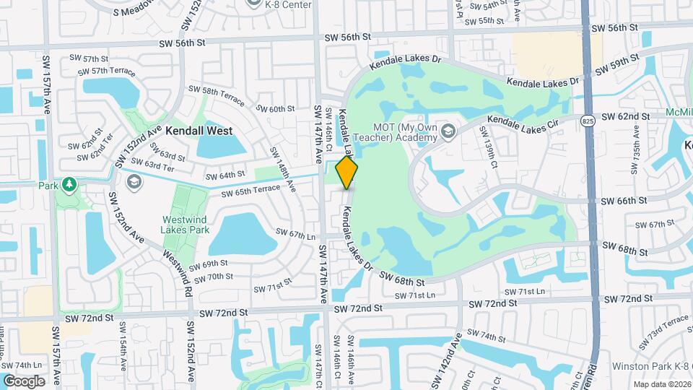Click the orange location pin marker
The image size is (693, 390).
coord(347,173)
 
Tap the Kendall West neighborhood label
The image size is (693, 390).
coord(199,131)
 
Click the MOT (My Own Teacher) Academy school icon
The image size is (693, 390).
coord(448,131)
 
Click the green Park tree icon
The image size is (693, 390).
coord(69,185)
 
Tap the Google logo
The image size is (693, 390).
coord(24,381)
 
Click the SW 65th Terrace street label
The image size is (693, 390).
coord(250,192)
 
